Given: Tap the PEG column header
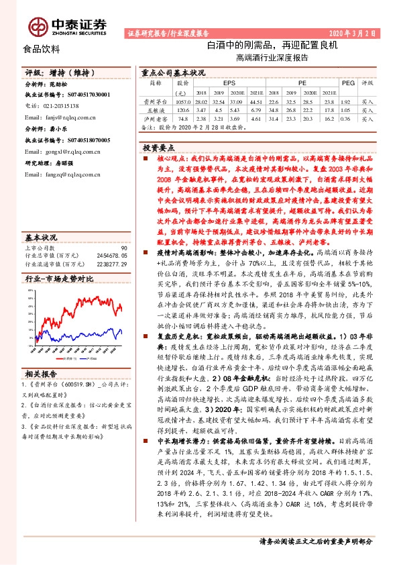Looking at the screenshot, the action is [347, 83].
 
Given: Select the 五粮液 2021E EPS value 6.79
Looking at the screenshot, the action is [256, 108].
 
